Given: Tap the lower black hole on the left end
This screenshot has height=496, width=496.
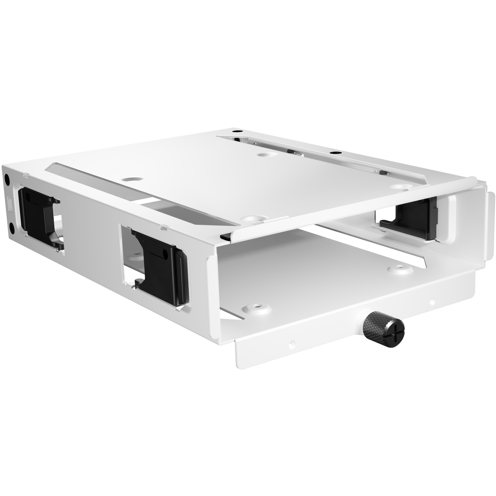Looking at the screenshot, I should tap(12, 226).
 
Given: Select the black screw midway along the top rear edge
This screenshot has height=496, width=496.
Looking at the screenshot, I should tap(334, 153).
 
